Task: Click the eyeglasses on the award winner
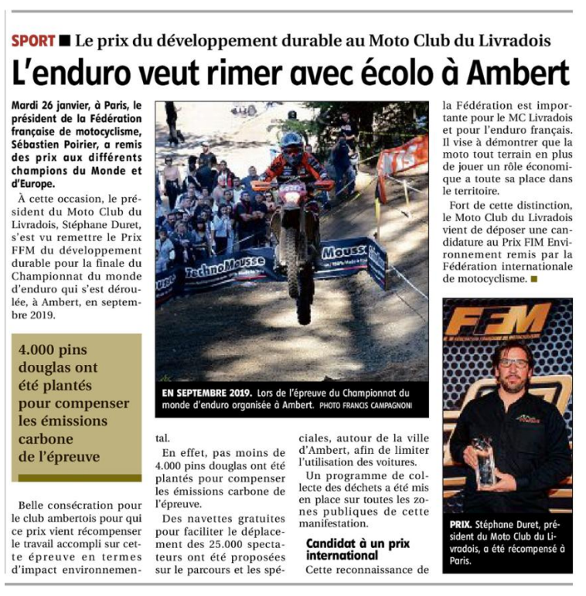(x=509, y=363)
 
